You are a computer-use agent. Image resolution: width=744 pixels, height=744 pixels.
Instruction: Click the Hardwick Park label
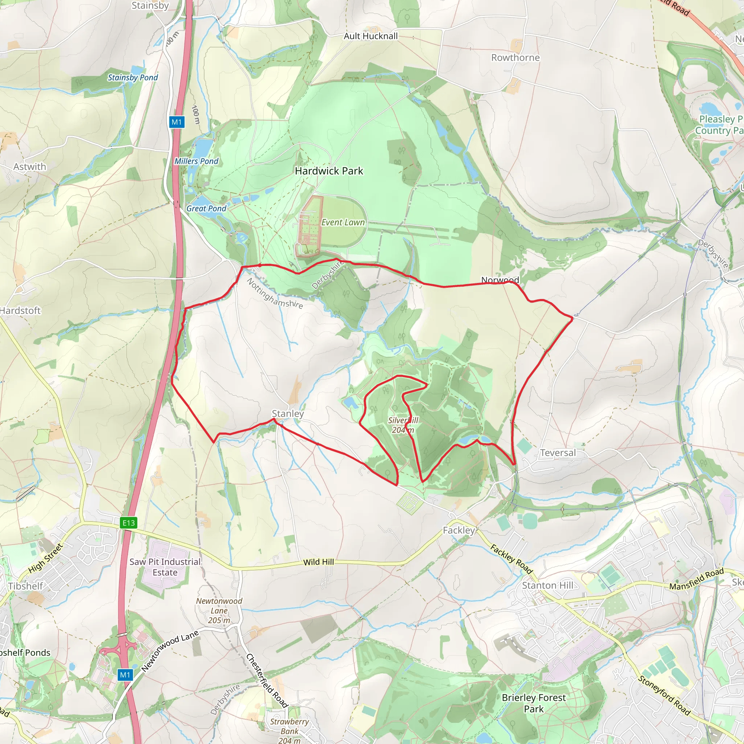coord(329,171)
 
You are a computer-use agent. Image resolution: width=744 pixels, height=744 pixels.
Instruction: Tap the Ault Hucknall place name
coord(371,36)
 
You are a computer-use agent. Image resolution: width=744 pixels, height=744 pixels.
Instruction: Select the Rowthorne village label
coord(515,58)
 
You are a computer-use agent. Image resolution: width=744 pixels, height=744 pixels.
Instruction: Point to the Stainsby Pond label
coord(133,78)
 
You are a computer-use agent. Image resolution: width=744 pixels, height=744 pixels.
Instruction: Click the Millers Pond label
coord(197,161)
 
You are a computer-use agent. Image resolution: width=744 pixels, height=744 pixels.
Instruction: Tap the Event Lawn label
coord(343,223)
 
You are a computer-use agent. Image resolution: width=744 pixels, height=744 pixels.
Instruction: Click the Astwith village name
coord(30,167)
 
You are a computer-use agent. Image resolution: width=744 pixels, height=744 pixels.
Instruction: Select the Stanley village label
coord(288,413)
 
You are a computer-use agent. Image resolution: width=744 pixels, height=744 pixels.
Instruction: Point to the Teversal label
coord(558,453)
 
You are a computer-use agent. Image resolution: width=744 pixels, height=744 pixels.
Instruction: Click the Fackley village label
coord(459,531)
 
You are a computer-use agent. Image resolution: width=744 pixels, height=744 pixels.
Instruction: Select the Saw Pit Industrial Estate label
coord(165,567)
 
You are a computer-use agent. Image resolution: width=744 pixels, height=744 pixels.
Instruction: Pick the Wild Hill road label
coord(319,562)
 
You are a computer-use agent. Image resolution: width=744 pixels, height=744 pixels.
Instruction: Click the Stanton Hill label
coord(547,585)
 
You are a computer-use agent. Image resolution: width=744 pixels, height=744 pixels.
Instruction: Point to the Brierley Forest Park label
coord(534,703)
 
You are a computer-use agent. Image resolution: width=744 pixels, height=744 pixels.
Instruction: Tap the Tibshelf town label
coord(26,586)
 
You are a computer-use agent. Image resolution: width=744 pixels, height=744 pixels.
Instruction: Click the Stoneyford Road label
coord(664,695)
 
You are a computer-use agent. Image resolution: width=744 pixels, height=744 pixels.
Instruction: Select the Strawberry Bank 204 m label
coord(289,731)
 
